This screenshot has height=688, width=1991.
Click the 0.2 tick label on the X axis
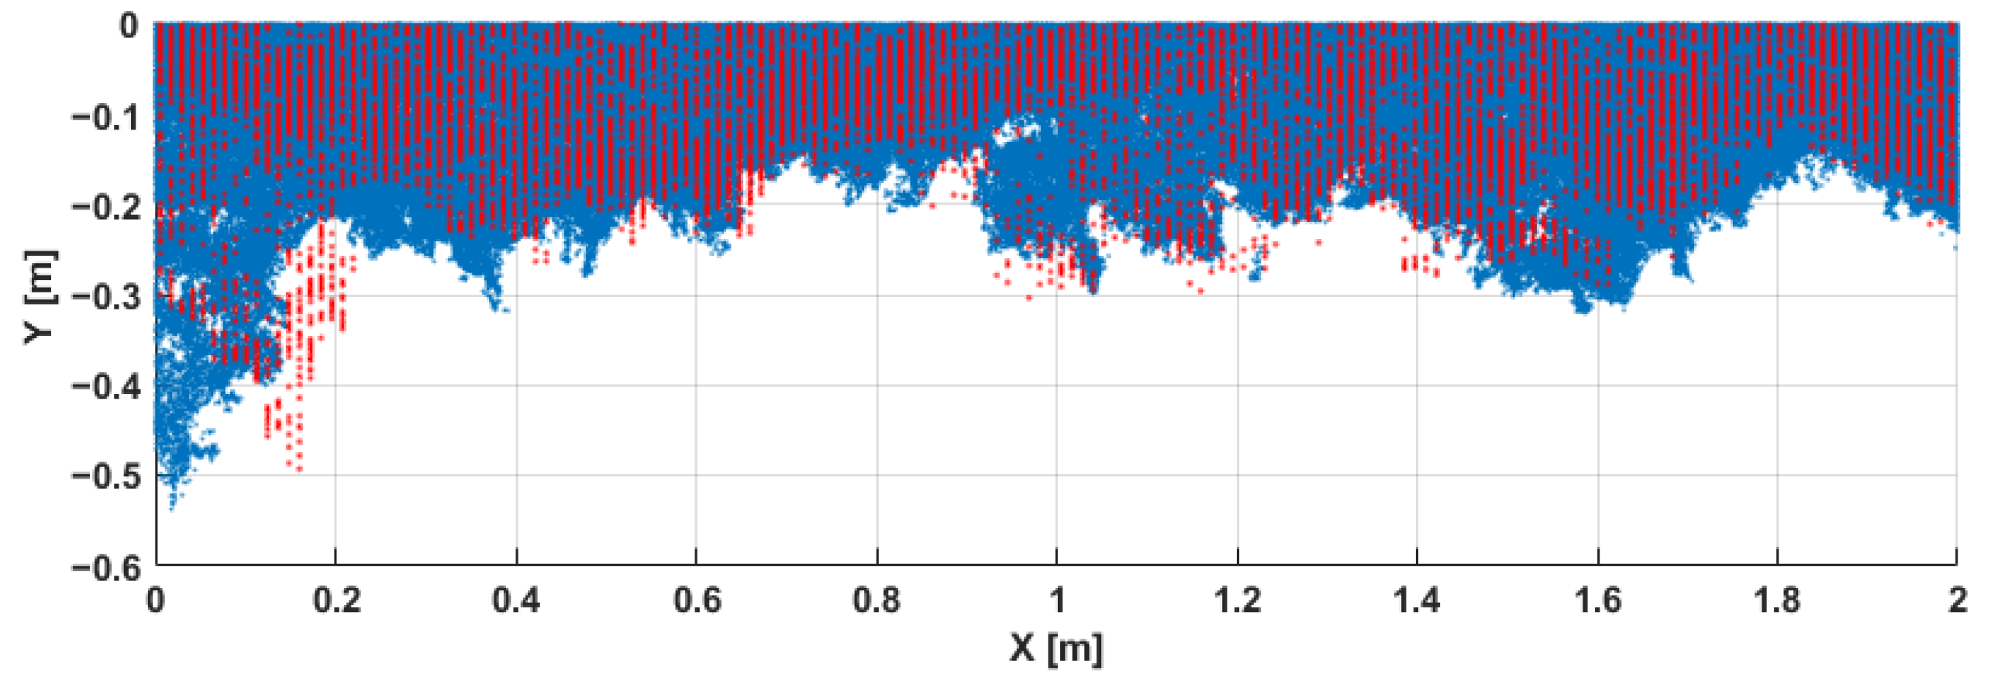(336, 600)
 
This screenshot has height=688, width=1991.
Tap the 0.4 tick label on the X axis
(516, 600)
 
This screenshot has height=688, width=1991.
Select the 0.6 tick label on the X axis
(697, 600)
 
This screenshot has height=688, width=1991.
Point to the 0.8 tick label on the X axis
(877, 600)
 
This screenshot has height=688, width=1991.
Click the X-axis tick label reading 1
(1056, 600)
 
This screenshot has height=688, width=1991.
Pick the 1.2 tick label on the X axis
(1238, 600)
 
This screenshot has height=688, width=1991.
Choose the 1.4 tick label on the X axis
(1417, 600)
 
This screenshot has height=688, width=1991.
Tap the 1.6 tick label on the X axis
(1598, 600)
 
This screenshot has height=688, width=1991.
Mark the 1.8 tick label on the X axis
(1777, 600)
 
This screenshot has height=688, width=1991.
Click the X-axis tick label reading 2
(1957, 600)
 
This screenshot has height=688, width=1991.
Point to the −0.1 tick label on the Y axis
(106, 117)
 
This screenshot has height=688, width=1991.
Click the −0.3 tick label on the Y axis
(106, 296)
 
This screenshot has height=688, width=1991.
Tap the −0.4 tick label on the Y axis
(106, 386)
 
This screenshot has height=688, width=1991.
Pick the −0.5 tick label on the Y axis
(106, 475)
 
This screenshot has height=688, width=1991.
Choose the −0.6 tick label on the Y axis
(106, 567)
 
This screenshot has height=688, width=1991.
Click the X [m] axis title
(1056, 648)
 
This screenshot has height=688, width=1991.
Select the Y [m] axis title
(40, 297)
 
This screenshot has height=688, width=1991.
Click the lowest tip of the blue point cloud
(172, 509)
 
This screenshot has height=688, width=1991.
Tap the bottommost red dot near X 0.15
(299, 469)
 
